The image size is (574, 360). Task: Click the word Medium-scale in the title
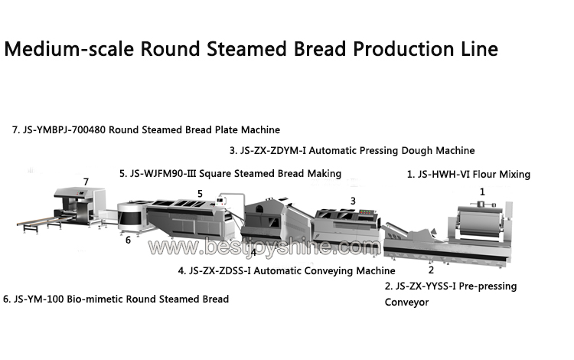[69, 49]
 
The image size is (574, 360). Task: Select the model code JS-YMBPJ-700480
[64, 130]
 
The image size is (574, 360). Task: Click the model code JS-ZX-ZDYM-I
[272, 151]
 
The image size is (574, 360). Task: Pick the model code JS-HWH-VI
[443, 175]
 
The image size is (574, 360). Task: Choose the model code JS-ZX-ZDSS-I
[220, 271]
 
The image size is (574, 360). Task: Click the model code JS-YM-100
[39, 299]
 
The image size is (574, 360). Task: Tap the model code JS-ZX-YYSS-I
[426, 286]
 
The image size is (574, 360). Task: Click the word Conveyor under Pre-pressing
[406, 303]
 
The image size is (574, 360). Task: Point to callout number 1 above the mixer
[482, 192]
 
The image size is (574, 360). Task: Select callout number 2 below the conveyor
[431, 270]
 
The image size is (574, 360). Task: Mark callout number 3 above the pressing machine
[353, 201]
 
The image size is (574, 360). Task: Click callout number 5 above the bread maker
[200, 194]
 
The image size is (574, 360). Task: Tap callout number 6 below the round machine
[128, 241]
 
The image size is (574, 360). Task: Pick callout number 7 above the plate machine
[86, 182]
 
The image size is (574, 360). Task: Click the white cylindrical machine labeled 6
[131, 216]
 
